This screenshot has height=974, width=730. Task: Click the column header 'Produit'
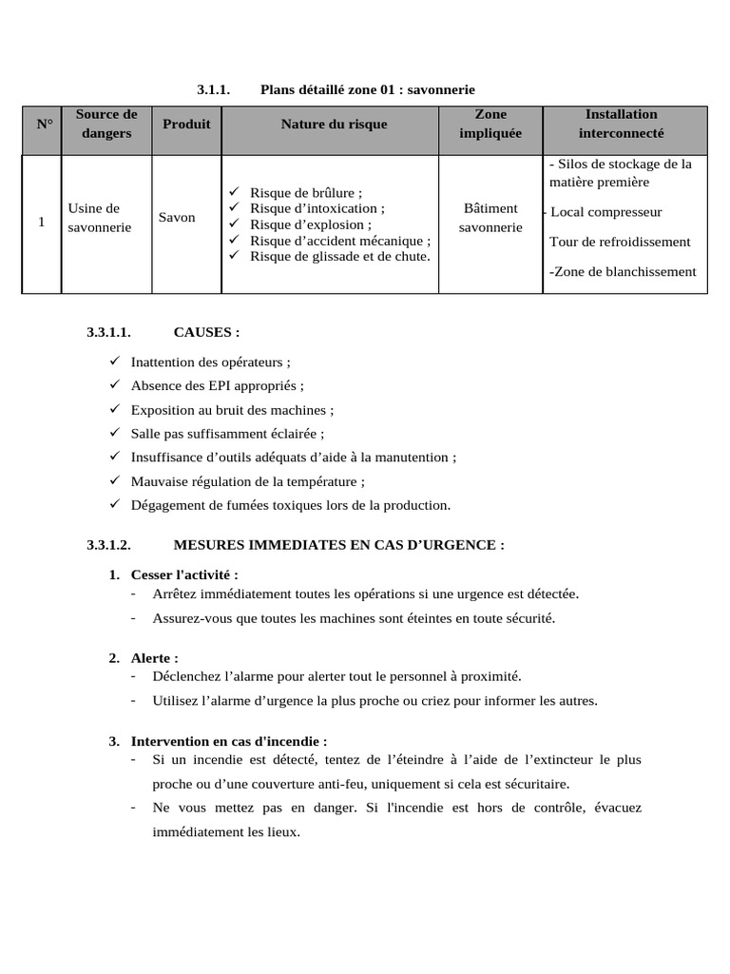tap(186, 125)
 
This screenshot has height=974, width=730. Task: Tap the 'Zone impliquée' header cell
tap(490, 125)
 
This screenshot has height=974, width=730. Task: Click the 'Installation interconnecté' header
tap(621, 125)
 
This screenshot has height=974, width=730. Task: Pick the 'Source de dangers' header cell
tap(106, 125)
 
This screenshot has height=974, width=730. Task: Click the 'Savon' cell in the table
tap(177, 218)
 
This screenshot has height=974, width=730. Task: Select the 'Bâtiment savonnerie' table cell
tap(490, 218)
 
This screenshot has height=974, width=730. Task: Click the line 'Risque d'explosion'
tap(310, 225)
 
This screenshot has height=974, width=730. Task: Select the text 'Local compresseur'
tap(605, 212)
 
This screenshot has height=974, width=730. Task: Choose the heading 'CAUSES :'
tap(206, 332)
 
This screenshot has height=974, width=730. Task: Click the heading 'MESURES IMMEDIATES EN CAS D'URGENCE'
tap(338, 545)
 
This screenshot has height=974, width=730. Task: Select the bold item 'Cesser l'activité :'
tap(184, 575)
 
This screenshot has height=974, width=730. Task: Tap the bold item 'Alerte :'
tap(154, 658)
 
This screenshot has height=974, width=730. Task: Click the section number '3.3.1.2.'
tap(107, 545)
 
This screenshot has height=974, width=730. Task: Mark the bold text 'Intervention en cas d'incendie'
tap(228, 741)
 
